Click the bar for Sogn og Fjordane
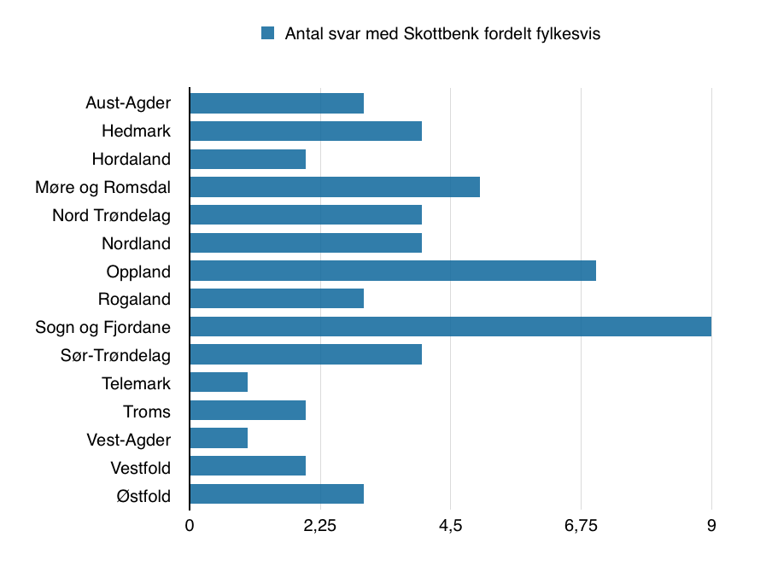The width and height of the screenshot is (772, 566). pos(450,327)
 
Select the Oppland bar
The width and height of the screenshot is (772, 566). pos(392,271)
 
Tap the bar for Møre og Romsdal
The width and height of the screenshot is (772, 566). pos(334,187)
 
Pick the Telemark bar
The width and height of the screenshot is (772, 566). pos(219,382)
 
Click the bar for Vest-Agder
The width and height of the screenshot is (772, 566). pos(219,439)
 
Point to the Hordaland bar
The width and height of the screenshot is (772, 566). pos(248,160)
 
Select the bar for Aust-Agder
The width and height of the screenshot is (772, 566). pos(277,103)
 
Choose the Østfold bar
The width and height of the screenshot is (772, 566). pos(277,494)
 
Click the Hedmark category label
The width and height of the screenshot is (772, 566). pos(136,131)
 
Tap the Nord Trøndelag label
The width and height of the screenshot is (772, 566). pos(111,215)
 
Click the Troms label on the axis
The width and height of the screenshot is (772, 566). pos(146,411)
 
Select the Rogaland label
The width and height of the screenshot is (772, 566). pos(134,300)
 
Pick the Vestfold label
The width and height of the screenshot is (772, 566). pos(140,468)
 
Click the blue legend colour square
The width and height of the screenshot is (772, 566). pos(267,33)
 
